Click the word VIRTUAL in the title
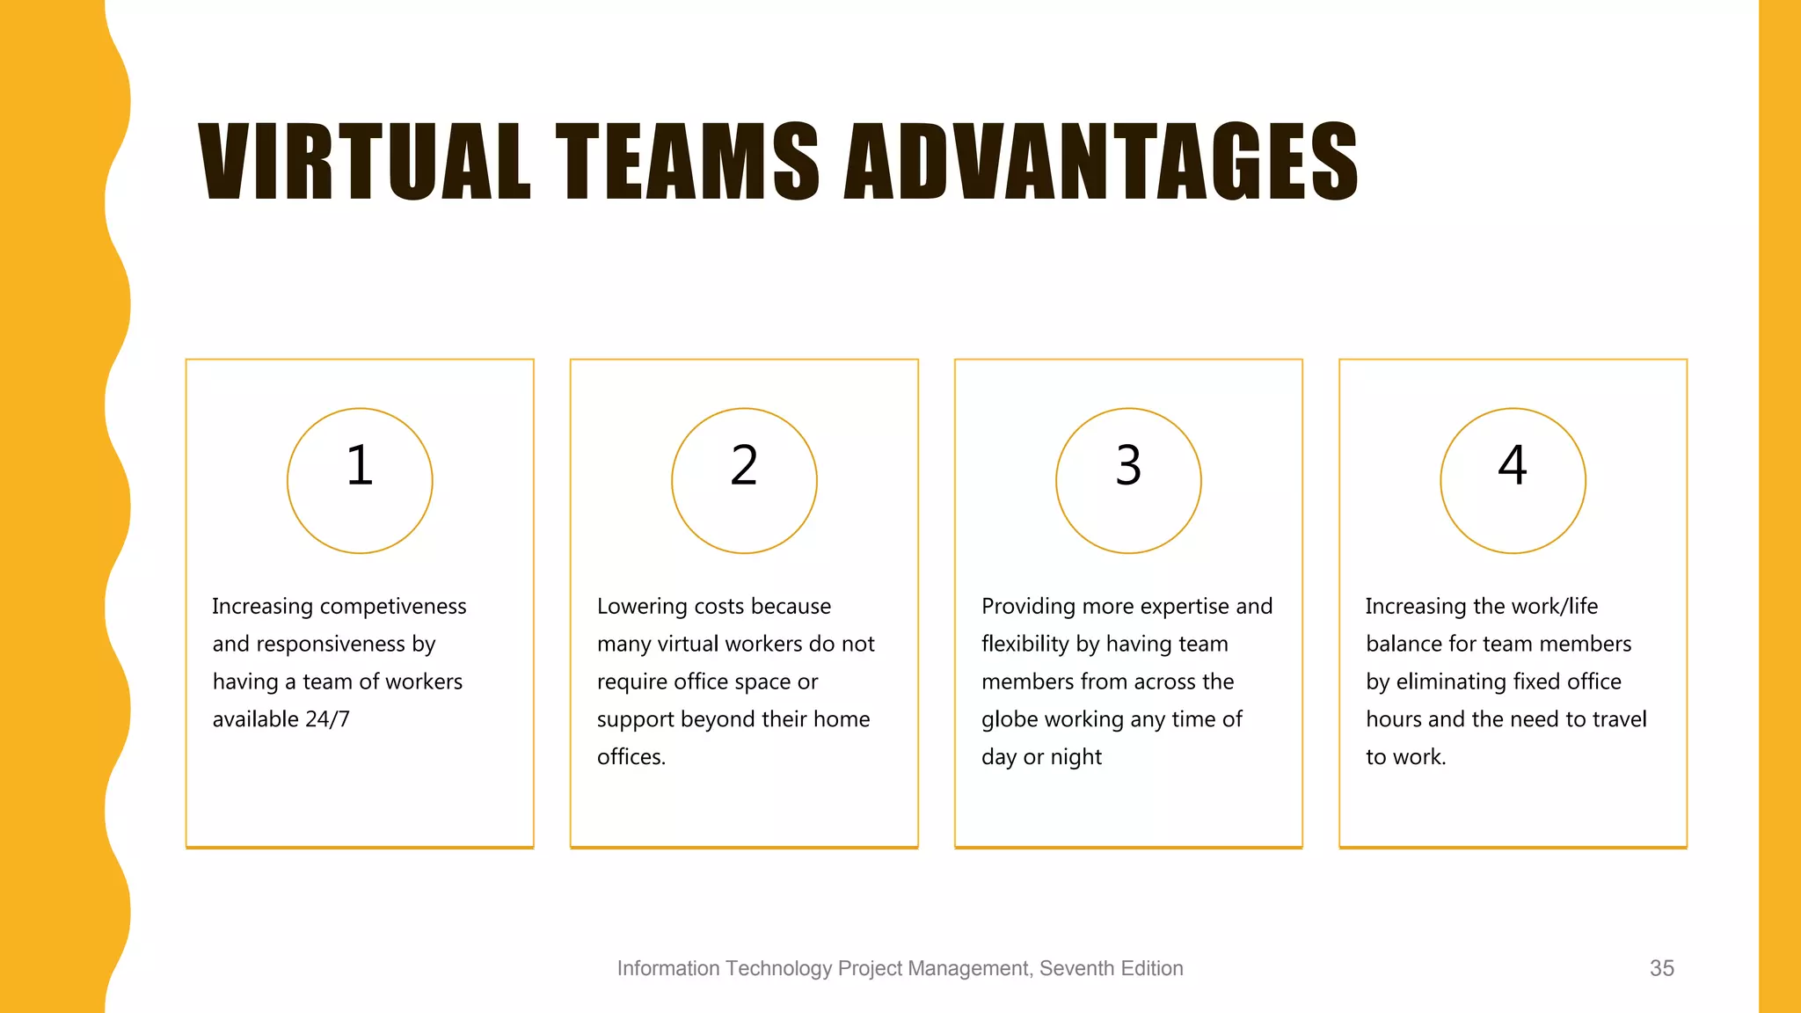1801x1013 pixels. pos(365,162)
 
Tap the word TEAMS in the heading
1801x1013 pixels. pos(687,162)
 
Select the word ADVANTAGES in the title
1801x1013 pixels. pos(1101,162)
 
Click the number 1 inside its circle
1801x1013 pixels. pos(360,465)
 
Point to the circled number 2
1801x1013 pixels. pos(744,465)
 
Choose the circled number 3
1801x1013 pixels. pos(1128,465)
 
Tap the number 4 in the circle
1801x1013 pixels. pos(1513,465)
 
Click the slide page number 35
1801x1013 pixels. pos(1661,968)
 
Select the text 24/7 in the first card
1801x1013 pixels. pos(327,719)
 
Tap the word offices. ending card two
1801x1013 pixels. pos(631,757)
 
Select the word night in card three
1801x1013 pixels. pos(1076,757)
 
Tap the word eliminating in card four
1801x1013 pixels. pos(1451,681)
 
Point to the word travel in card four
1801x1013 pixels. pos(1619,719)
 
